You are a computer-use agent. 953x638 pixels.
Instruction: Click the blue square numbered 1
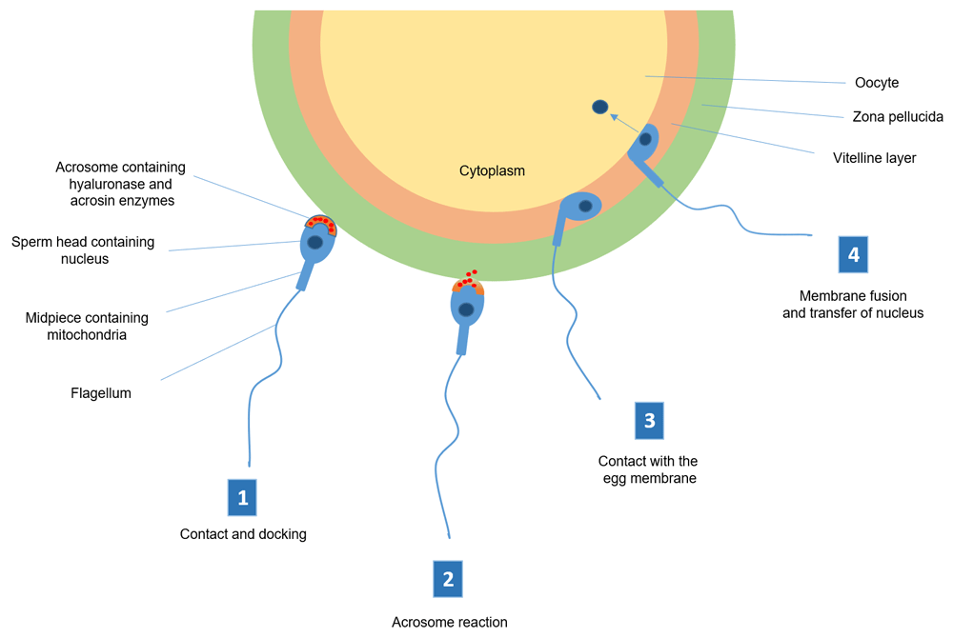coord(243,497)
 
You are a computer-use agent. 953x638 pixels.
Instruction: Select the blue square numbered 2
coord(448,579)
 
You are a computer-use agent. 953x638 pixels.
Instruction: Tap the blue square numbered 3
coord(649,420)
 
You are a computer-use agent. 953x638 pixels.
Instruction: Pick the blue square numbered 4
coord(853,254)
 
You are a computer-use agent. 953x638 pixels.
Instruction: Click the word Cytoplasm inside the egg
coord(492,171)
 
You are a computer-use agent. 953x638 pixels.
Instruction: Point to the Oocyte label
coord(876,83)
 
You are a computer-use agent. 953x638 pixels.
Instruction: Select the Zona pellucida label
coord(897,117)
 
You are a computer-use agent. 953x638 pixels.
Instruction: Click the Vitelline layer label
coord(874,158)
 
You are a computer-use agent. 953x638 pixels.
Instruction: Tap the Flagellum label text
coord(100,392)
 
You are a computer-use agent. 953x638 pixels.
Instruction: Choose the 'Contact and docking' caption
coord(243,534)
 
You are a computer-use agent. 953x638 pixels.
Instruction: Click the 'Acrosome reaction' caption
coord(449,622)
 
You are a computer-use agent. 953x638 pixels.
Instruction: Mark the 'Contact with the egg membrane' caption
coord(648,469)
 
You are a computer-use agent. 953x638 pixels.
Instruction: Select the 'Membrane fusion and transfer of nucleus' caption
coord(852,304)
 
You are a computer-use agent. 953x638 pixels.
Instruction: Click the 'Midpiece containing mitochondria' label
coord(87,326)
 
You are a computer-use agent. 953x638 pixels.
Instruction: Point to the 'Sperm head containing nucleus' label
coord(82,249)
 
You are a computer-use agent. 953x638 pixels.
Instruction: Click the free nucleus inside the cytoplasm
coord(600,108)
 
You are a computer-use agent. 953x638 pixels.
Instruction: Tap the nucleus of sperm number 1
coord(314,243)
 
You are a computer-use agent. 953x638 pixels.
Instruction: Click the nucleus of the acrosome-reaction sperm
coord(466,309)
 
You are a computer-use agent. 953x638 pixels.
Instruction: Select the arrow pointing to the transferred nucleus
coord(625,123)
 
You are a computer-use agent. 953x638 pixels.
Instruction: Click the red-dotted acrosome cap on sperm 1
coord(320,224)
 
